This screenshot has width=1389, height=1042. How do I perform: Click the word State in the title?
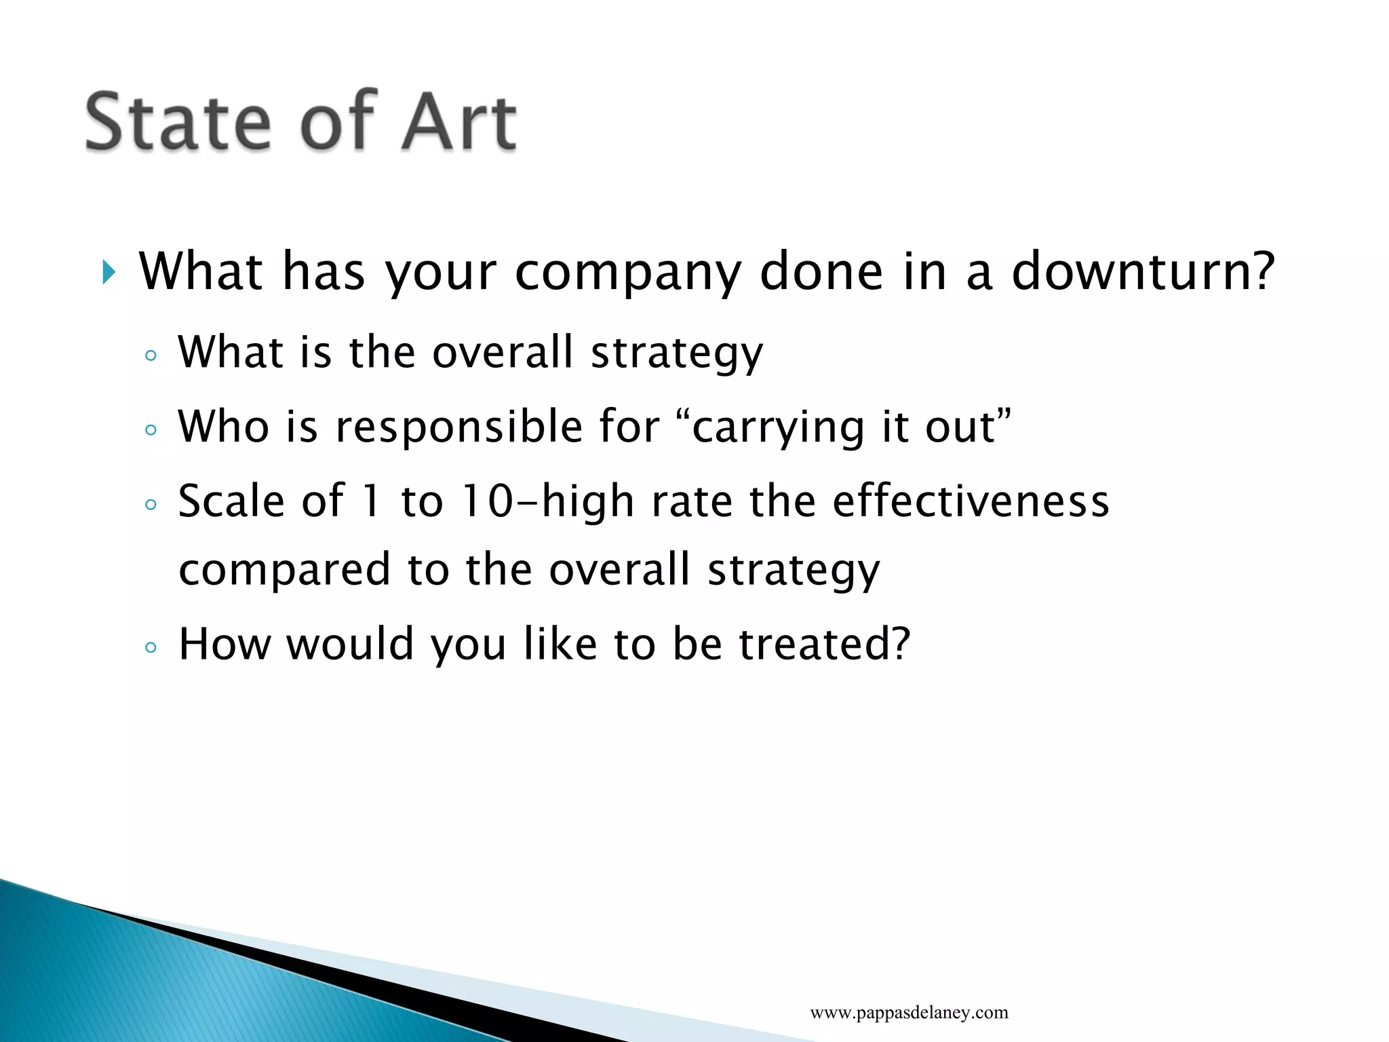point(178,122)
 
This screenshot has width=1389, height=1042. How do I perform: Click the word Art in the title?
point(458,122)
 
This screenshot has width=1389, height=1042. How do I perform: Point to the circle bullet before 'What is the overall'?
point(151,355)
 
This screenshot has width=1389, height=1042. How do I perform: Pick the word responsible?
point(459,427)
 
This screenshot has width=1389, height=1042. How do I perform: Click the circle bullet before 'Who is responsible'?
point(151,430)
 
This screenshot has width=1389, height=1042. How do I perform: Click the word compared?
point(284,570)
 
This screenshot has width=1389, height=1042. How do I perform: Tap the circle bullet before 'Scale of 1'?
point(151,504)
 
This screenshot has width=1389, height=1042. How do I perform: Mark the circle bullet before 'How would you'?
point(151,647)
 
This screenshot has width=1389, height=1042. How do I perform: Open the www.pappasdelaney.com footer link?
point(909,1013)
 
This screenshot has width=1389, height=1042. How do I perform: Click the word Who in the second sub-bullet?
point(223,427)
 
